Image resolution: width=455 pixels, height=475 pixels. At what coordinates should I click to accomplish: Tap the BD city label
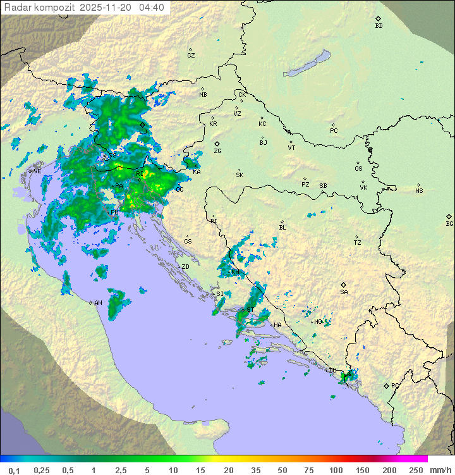[x=379, y=26]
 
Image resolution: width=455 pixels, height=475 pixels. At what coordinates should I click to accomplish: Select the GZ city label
[x=191, y=55]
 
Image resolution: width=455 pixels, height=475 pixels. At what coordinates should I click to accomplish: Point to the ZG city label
[x=217, y=151]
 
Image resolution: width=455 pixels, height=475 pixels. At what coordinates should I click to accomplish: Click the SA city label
[x=344, y=292]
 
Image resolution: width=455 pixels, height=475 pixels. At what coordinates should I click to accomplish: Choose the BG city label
[x=449, y=223]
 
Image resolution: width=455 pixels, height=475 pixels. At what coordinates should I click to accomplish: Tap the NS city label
[x=419, y=190]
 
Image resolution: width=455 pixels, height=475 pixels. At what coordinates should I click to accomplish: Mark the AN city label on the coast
[x=98, y=303]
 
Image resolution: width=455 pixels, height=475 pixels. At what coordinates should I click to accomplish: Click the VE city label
[x=37, y=171]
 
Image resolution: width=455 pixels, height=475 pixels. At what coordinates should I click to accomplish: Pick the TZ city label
[x=358, y=242]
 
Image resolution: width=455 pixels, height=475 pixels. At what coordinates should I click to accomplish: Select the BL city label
[x=282, y=227]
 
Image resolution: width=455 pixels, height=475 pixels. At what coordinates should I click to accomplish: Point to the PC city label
[x=334, y=130]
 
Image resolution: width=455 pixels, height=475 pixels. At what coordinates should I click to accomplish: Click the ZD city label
[x=185, y=267]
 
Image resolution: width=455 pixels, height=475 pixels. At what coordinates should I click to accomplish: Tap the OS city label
[x=358, y=169]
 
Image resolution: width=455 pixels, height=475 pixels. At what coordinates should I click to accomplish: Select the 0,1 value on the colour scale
[x=14, y=470]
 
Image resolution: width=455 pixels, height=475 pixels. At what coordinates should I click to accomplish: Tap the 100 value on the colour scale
[x=336, y=470]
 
